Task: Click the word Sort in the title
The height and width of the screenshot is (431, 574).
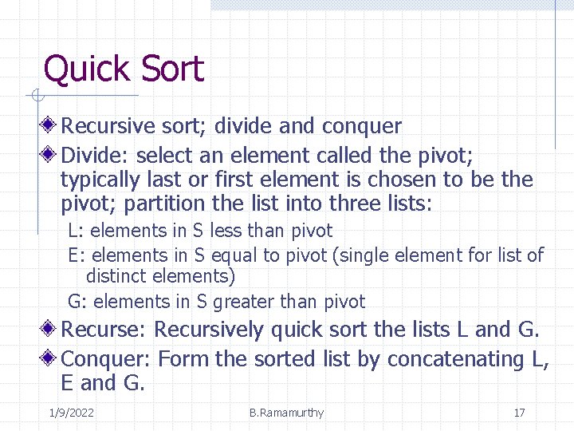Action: point(171,69)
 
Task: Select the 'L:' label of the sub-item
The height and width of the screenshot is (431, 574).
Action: point(77,231)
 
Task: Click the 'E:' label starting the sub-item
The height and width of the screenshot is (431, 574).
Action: point(77,255)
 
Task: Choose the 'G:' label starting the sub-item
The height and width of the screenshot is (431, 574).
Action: point(77,302)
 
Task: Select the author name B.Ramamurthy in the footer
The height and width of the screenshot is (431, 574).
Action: point(286,413)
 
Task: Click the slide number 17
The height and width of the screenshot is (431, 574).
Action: point(519,413)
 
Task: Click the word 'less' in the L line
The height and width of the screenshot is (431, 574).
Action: point(226,231)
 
